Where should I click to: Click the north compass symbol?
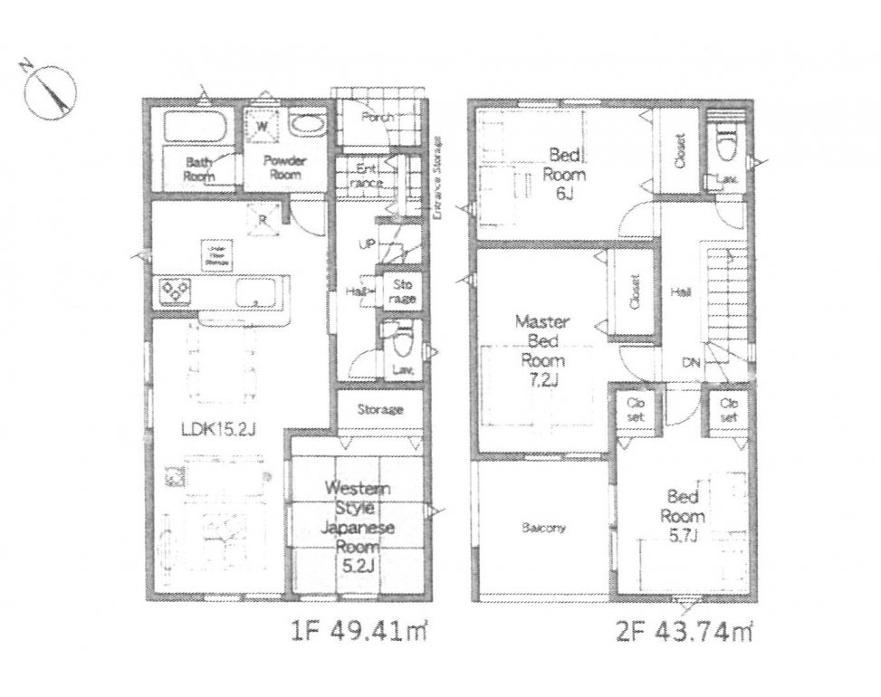point(50,91)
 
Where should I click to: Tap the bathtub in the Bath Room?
point(196,128)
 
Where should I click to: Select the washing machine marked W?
point(262,126)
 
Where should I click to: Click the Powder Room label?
point(284,167)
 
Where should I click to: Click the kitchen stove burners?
point(175,291)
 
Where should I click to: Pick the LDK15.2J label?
point(221,429)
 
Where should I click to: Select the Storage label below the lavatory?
point(379,410)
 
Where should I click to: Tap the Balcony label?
point(543,528)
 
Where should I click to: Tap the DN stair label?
point(692,362)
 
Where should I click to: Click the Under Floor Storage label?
point(216,254)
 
